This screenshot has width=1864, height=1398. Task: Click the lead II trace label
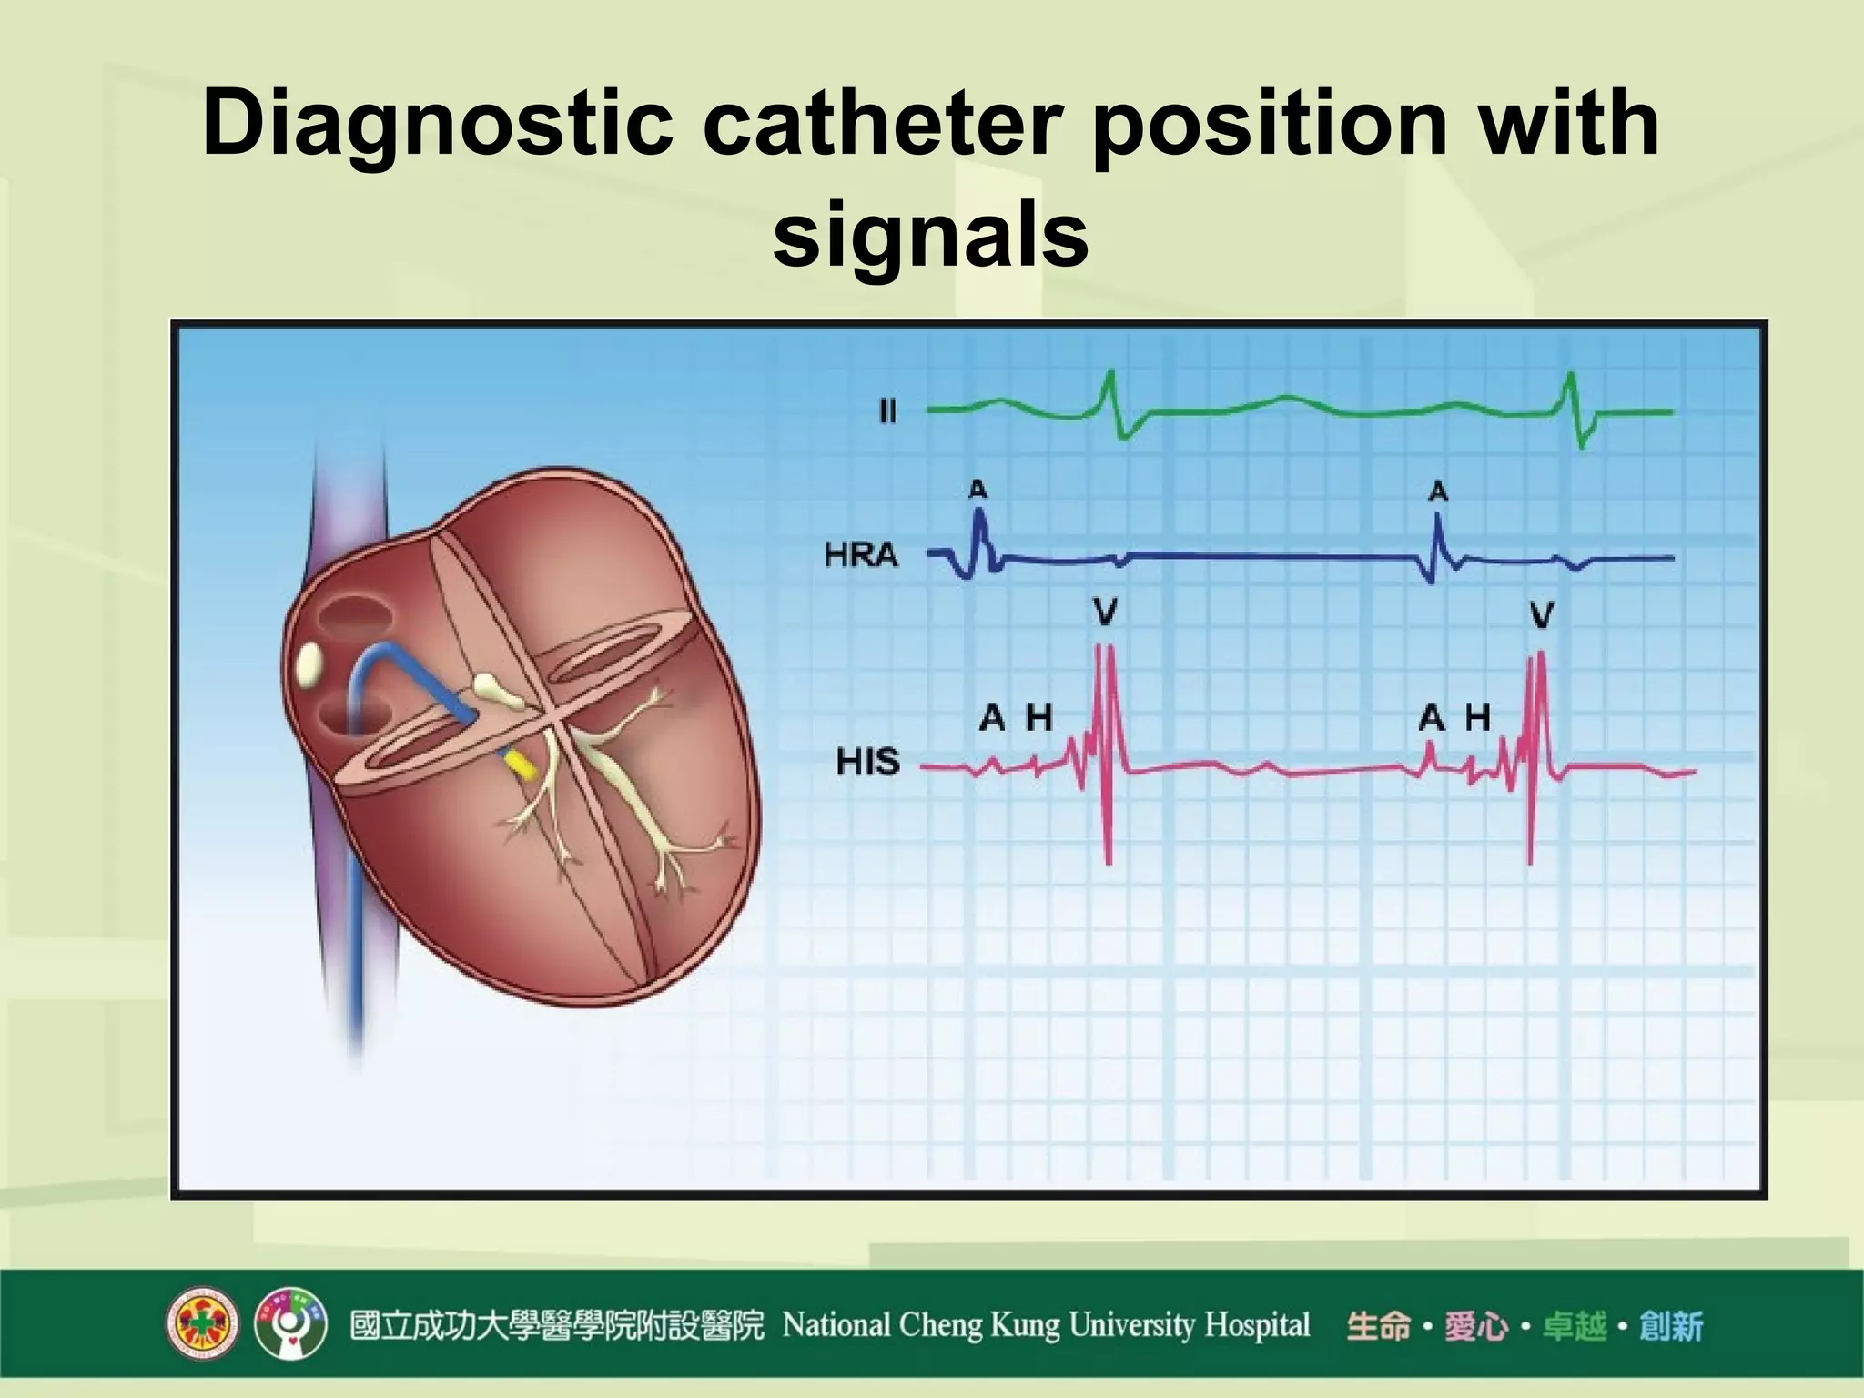tap(887, 412)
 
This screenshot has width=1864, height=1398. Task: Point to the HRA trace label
tap(861, 554)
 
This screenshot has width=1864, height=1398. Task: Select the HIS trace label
tap(867, 761)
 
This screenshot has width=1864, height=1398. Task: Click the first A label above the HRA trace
tap(978, 490)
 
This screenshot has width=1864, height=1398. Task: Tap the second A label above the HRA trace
tap(1438, 492)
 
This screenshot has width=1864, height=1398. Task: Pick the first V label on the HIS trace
tap(1105, 613)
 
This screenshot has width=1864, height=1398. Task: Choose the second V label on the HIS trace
tap(1541, 616)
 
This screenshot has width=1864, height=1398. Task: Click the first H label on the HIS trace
tap(1038, 718)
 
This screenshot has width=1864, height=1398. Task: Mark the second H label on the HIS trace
tap(1477, 718)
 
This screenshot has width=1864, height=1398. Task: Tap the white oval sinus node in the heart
tap(309, 666)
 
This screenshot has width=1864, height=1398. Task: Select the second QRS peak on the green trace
tap(1569, 377)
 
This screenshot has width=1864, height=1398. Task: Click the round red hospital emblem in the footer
tap(202, 1324)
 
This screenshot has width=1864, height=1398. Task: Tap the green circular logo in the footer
tap(290, 1324)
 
